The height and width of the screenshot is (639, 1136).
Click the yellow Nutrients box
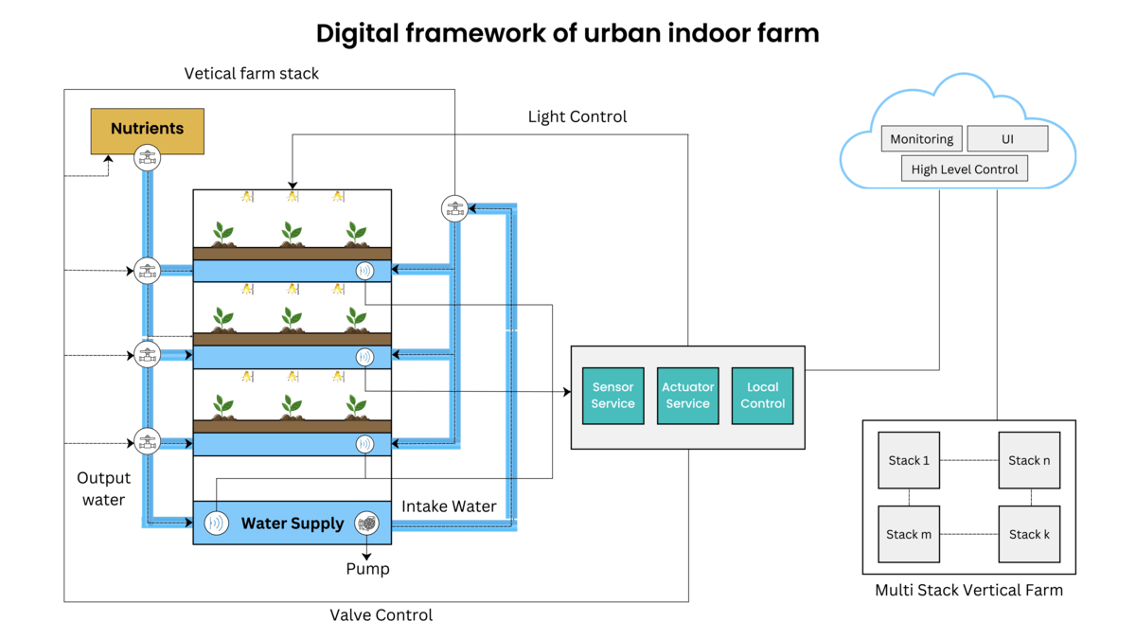click(x=147, y=129)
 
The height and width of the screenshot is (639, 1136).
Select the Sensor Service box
click(x=612, y=395)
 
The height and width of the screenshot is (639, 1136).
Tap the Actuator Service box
click(x=687, y=395)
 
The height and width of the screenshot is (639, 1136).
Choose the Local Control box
click(x=762, y=395)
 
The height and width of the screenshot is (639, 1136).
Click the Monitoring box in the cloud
click(x=921, y=139)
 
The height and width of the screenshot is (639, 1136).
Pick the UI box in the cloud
click(x=1007, y=139)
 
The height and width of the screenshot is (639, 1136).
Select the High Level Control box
click(x=964, y=169)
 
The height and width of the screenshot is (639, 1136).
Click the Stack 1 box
click(x=909, y=460)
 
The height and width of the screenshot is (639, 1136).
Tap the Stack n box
click(x=1028, y=460)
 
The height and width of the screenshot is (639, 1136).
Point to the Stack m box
click(x=909, y=534)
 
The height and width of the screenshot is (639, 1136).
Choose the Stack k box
click(x=1028, y=534)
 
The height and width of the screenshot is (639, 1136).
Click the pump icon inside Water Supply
click(x=366, y=523)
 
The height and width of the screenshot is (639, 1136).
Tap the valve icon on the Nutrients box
click(x=147, y=158)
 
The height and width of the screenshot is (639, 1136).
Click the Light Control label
click(x=577, y=116)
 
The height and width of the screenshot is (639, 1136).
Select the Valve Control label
click(x=381, y=615)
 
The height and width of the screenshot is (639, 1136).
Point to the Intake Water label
click(x=449, y=506)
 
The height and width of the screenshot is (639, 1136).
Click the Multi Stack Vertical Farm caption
click(x=968, y=590)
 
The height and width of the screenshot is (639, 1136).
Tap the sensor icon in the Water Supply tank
click(x=218, y=523)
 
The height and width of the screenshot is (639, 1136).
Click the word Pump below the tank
click(x=367, y=569)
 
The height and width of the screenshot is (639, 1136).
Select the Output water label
click(x=103, y=488)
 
